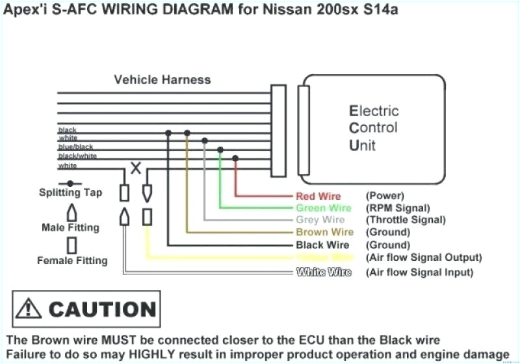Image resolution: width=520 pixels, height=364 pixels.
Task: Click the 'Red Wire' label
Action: (318, 196)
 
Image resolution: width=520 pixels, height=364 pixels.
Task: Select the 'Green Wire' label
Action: (323, 208)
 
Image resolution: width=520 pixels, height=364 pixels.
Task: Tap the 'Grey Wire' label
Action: (320, 220)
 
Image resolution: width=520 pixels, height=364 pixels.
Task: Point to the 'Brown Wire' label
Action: (324, 232)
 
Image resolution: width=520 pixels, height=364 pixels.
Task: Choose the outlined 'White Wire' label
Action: (323, 273)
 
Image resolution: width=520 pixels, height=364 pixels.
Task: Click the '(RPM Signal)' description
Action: (398, 208)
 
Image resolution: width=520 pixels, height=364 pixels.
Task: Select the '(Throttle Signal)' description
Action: (406, 220)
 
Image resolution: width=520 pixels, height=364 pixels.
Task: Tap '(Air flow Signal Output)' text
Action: (424, 258)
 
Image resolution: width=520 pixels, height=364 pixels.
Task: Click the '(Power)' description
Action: (385, 196)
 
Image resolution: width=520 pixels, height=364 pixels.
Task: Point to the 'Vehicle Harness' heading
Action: (162, 80)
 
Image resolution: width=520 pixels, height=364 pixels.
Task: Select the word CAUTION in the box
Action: (102, 309)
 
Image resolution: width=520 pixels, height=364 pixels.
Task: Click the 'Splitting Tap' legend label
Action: (70, 193)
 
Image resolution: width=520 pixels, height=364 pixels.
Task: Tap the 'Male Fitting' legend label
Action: (70, 228)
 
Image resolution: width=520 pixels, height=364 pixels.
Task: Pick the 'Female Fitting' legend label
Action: (72, 261)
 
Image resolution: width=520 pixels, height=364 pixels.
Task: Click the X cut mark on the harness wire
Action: (136, 168)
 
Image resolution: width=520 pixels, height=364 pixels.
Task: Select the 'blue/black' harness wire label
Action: (75, 147)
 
